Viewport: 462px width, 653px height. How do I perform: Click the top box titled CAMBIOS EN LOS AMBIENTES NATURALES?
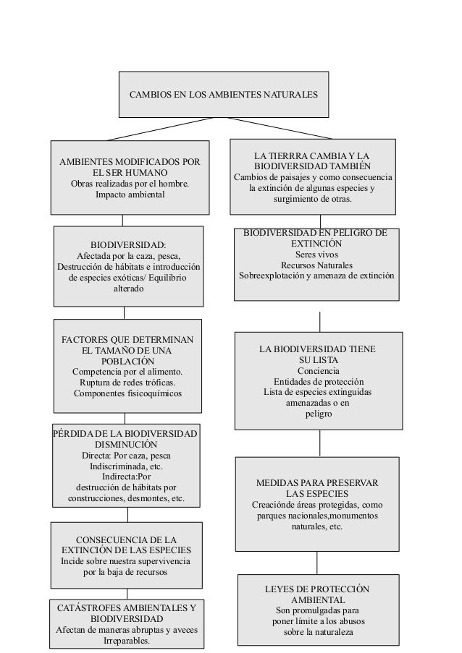coord(222,95)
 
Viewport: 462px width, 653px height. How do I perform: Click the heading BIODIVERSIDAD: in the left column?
coord(127,245)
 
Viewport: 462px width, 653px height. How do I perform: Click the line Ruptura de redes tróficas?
coord(127,383)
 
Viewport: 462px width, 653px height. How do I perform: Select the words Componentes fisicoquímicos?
coord(127,393)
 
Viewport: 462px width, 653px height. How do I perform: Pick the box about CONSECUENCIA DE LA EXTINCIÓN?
coord(125,555)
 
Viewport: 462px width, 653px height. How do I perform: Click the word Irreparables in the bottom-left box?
coord(127,641)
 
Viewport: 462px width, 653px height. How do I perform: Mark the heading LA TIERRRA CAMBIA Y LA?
coord(312,155)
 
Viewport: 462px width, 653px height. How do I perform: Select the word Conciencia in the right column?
coord(317,371)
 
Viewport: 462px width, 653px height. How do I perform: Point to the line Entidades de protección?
coord(318,382)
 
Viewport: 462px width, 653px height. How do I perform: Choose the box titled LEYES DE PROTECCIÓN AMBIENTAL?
coord(317,610)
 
